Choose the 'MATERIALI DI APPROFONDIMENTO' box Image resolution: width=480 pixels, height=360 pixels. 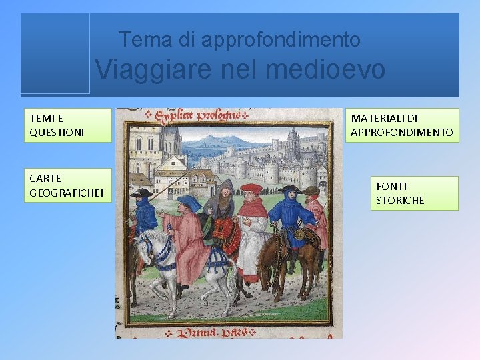402,125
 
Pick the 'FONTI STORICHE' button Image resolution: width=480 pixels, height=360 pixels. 414,193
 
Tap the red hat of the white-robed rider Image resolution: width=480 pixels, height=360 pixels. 251,189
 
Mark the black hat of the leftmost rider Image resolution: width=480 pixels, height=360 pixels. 141,193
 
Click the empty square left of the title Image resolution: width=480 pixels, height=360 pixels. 55,53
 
